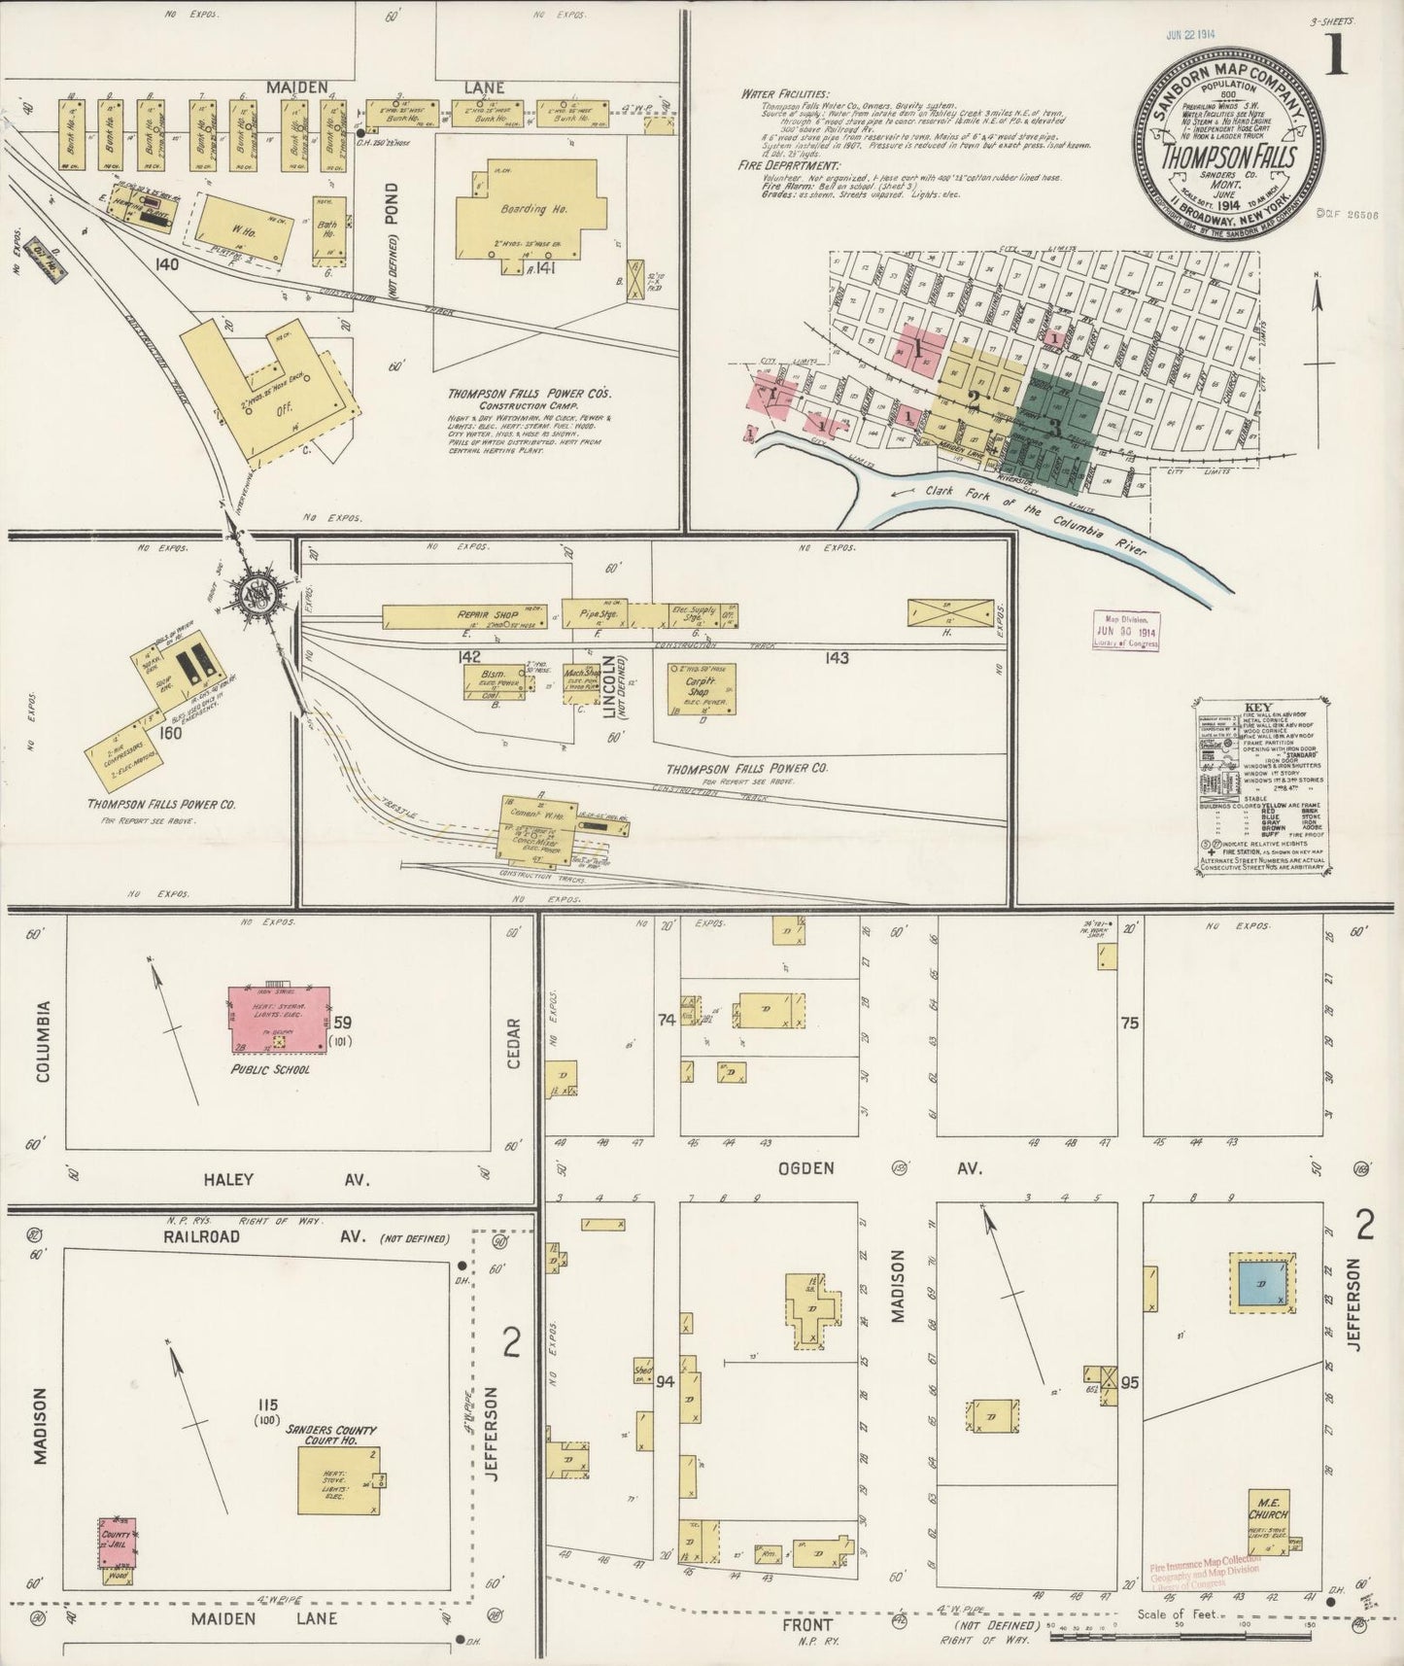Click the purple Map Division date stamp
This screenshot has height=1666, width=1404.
1126,632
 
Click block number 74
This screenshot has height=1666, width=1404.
667,1020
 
